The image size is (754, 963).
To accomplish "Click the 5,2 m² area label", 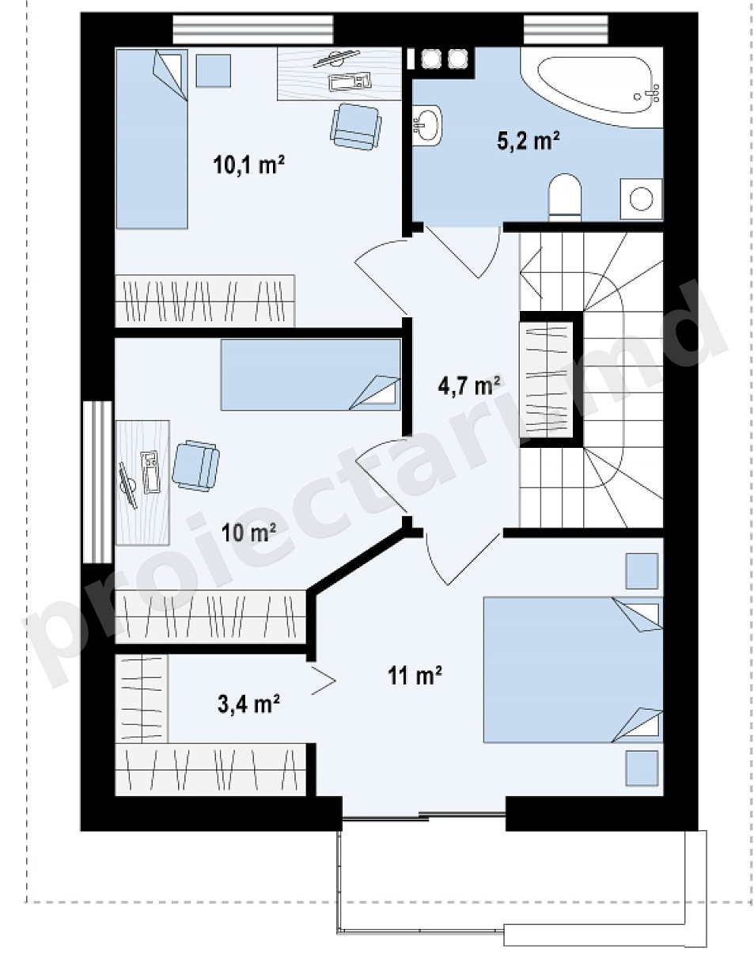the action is (x=528, y=142).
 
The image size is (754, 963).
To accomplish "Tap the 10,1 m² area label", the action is (x=248, y=165).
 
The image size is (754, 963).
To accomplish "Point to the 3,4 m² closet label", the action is (x=248, y=704).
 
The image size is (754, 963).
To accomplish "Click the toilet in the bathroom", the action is (x=565, y=197).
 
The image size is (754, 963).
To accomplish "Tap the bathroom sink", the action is (x=427, y=125).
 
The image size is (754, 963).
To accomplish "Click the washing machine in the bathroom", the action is (x=642, y=199).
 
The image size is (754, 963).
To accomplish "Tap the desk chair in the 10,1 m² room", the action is (x=356, y=127).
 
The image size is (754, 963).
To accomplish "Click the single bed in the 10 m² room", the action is (x=311, y=375).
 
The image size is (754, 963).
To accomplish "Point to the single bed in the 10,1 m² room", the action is (x=151, y=138).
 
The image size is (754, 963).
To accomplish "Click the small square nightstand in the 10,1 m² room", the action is (x=214, y=71).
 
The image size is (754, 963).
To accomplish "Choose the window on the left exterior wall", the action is (x=97, y=482).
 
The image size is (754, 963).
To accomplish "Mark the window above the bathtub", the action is (x=566, y=30).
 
